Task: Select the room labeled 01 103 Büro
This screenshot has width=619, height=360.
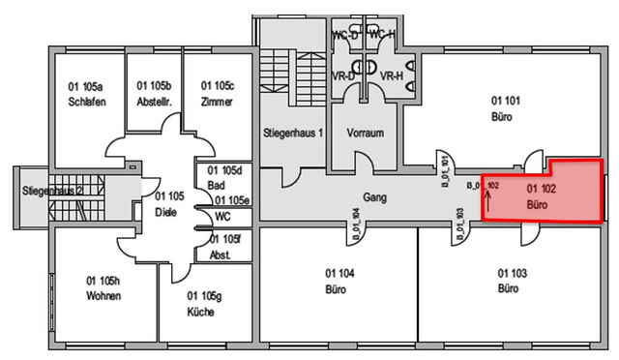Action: (513, 281)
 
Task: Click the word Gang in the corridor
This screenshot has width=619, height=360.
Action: (375, 196)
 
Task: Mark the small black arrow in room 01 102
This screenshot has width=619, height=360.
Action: (487, 200)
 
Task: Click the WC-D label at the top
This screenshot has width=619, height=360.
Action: (345, 35)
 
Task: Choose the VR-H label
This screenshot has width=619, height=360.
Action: (391, 75)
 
